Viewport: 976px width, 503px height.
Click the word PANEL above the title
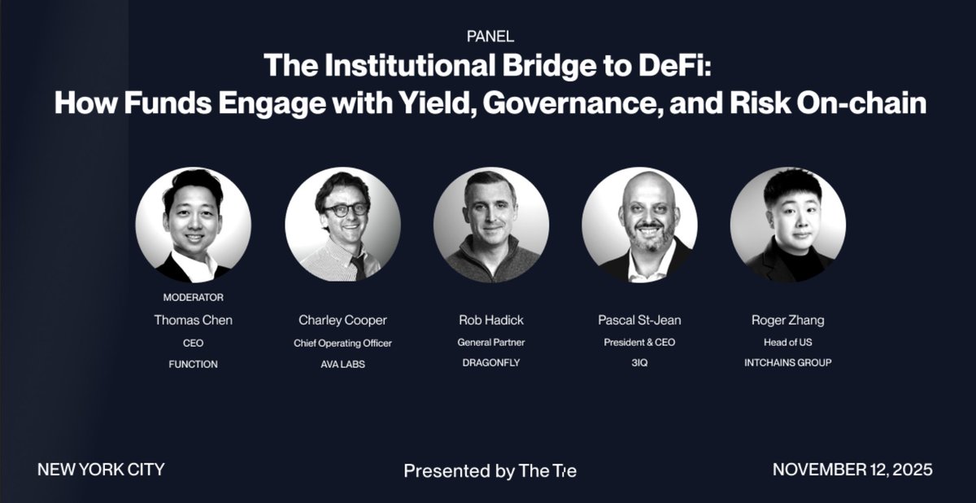tap(490, 36)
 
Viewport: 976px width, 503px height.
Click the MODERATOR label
tap(193, 297)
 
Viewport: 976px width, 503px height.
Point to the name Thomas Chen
tap(193, 320)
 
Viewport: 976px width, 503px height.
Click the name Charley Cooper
tap(342, 320)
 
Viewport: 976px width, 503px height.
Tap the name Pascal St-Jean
tap(638, 320)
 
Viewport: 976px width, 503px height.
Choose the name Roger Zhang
tap(787, 320)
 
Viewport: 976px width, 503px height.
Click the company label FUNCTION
tap(193, 364)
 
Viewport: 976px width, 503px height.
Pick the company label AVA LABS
tap(342, 364)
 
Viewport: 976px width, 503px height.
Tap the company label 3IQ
tap(638, 363)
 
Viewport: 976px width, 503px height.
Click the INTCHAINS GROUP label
tap(787, 363)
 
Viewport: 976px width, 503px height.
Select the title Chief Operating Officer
tap(342, 343)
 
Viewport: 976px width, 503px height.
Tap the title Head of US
tap(787, 343)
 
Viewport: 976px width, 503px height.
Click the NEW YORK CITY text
tap(101, 470)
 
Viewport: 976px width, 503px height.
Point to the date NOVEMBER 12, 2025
tap(852, 470)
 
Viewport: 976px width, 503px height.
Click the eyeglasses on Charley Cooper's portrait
tap(345, 209)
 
